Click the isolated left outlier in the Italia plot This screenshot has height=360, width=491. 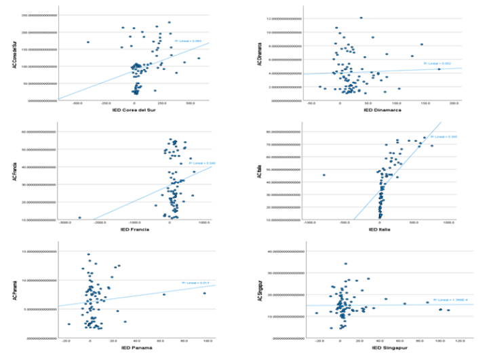click(324, 175)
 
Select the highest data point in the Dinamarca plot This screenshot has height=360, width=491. click(361, 18)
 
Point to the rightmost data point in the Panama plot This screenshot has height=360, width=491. click(204, 293)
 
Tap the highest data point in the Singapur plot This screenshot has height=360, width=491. click(346, 264)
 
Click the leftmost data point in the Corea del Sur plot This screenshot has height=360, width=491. click(87, 42)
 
